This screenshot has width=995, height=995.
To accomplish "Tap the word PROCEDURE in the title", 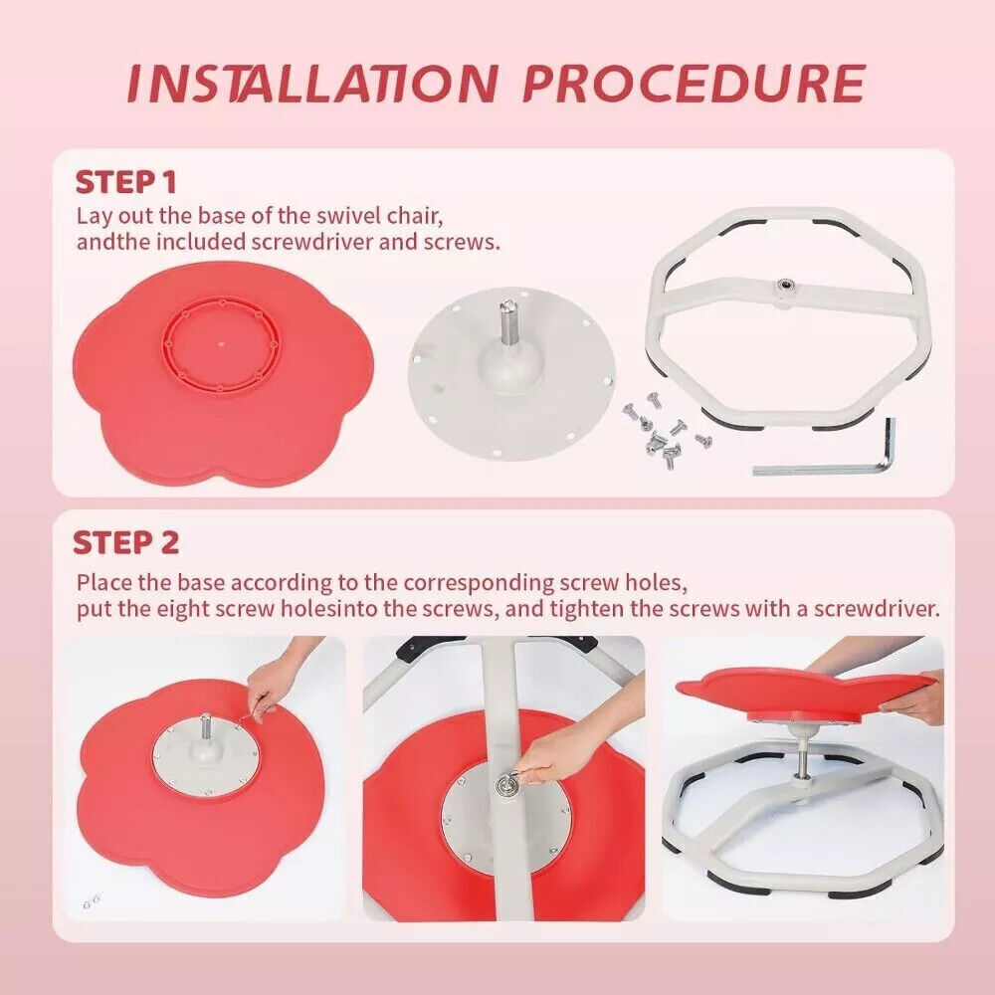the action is [695, 84].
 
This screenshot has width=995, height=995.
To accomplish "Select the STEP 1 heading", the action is [125, 183].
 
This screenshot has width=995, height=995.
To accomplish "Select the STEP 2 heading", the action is [126, 543].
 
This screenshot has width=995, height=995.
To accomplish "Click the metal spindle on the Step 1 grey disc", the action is [508, 323].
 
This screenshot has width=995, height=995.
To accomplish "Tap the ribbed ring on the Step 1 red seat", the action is [222, 344].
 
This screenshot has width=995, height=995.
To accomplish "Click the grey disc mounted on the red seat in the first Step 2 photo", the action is [206, 759].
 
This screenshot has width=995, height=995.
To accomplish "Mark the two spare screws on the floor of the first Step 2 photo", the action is [92, 901].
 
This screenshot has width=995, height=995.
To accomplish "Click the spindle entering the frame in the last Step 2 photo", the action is [802, 762].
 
